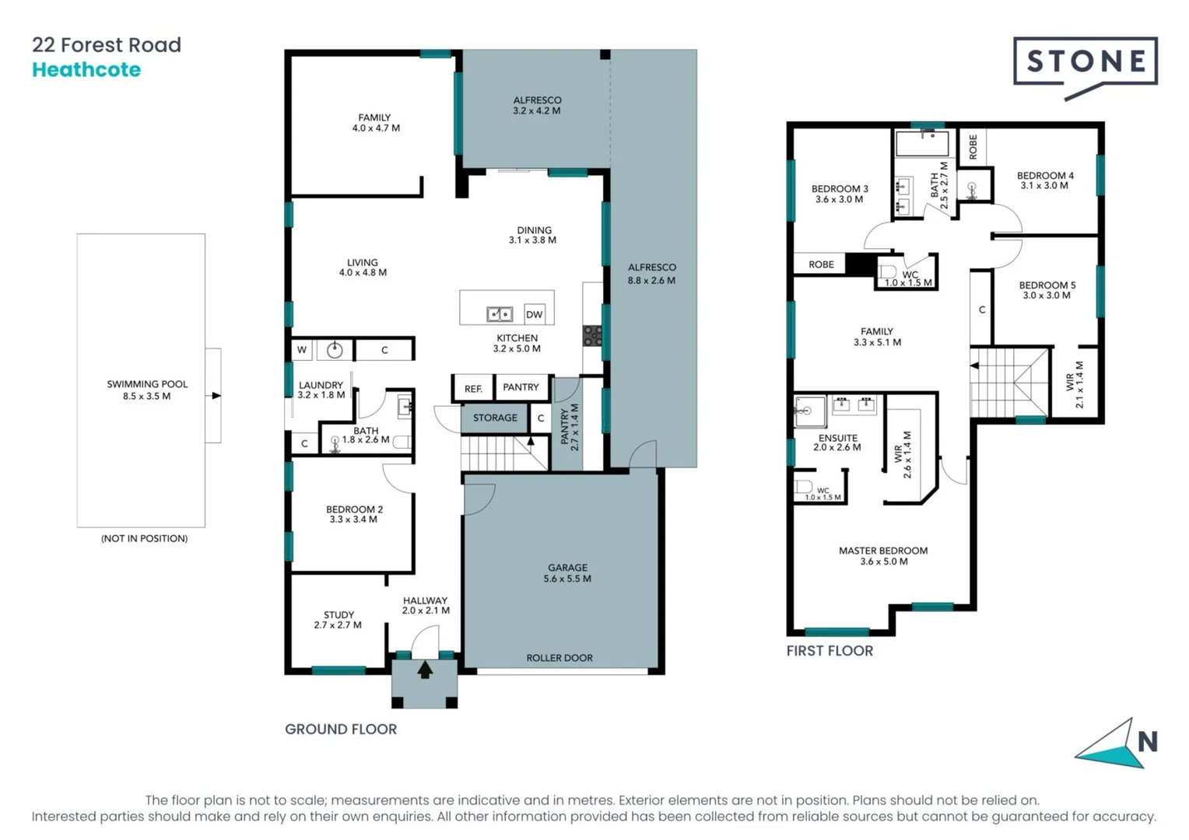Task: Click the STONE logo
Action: (x=1085, y=63)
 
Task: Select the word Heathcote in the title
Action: (x=86, y=70)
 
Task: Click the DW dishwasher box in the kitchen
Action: (x=534, y=314)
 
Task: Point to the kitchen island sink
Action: (x=500, y=314)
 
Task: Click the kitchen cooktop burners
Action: (x=592, y=335)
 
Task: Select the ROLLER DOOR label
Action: (x=559, y=658)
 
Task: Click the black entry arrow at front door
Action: (x=425, y=669)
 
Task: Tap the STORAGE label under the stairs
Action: (x=495, y=418)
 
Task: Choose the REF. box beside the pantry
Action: (x=473, y=388)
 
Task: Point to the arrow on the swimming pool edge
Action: (x=216, y=396)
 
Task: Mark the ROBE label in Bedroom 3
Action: (x=821, y=264)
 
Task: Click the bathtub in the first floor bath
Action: (x=922, y=144)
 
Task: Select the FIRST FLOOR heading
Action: (x=829, y=651)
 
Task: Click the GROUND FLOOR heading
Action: (x=341, y=730)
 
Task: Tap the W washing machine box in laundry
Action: (x=302, y=350)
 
